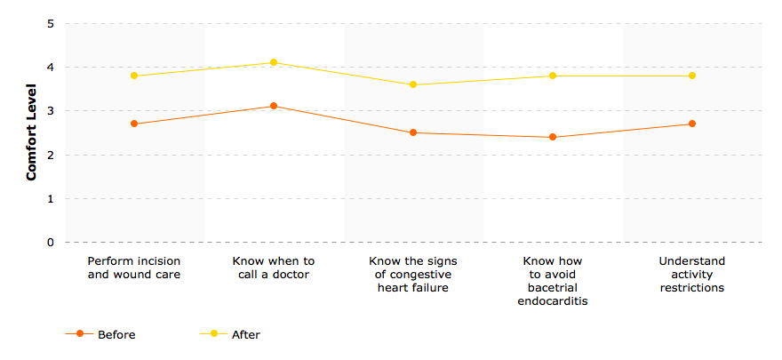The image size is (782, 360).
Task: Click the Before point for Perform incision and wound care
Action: pyautogui.click(x=134, y=124)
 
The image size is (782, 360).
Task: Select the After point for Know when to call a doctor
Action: pyautogui.click(x=274, y=62)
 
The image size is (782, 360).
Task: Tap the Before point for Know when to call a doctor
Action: pyautogui.click(x=274, y=106)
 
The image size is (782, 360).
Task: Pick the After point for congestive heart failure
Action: pyautogui.click(x=413, y=84)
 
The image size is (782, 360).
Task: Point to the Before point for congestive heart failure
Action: pyautogui.click(x=413, y=132)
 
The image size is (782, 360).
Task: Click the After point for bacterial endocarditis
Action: pyautogui.click(x=553, y=76)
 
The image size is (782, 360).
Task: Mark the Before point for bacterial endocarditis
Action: pyautogui.click(x=553, y=137)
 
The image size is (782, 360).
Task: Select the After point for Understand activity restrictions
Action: pyautogui.click(x=692, y=76)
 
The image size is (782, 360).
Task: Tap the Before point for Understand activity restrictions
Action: pyautogui.click(x=692, y=124)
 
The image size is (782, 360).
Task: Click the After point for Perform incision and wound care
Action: pyautogui.click(x=134, y=76)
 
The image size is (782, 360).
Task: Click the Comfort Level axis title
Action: pyautogui.click(x=31, y=132)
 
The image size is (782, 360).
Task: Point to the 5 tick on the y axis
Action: pyautogui.click(x=51, y=24)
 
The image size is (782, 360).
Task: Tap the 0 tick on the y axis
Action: pyautogui.click(x=51, y=242)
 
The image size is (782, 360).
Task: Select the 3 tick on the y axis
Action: pyautogui.click(x=51, y=111)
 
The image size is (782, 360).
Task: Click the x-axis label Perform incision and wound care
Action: pyautogui.click(x=134, y=268)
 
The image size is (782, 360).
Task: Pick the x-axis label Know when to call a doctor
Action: pyautogui.click(x=274, y=268)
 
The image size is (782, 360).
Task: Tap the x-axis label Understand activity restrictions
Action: pyautogui.click(x=692, y=274)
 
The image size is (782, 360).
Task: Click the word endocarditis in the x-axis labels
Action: pyautogui.click(x=553, y=300)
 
